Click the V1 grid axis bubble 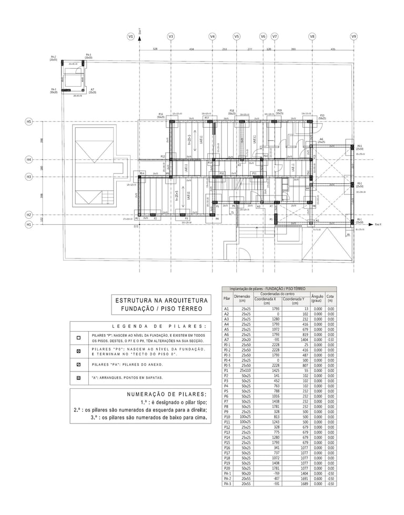pos(130,36)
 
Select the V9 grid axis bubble pos(353,36)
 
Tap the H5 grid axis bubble pos(29,121)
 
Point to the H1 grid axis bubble pos(29,224)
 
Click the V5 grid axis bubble pos(237,36)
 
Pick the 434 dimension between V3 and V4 pos(191,49)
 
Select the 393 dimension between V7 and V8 pos(293,49)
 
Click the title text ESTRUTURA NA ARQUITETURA pos(148,300)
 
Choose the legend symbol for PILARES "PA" pos(78,364)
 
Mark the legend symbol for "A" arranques pos(78,377)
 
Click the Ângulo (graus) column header pos(317,298)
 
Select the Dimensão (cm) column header pos(242,298)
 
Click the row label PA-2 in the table pos(227,479)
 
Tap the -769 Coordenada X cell pos(268,474)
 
